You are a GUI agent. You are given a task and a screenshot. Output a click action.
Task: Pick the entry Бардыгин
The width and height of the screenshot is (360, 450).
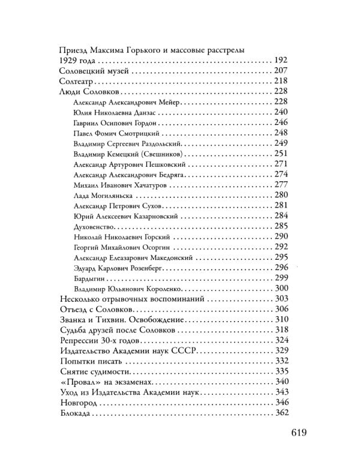click(x=89, y=278)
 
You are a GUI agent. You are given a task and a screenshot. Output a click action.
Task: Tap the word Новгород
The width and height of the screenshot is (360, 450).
click(x=79, y=402)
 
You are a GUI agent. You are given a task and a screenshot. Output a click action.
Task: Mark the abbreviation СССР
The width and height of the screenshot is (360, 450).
click(x=182, y=350)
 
